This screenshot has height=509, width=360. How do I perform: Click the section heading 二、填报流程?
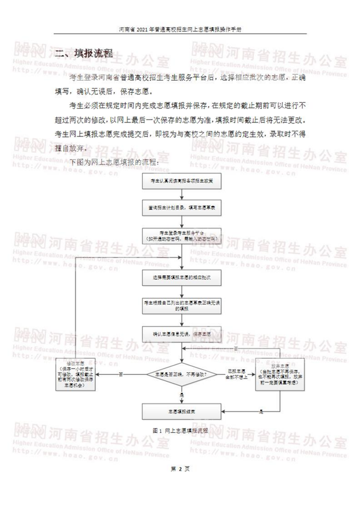click(84, 54)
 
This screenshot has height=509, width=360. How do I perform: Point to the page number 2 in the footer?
click(180, 468)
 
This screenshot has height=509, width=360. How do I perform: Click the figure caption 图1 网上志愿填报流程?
click(180, 431)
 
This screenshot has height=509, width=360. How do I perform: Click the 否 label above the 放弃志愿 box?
click(236, 347)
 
